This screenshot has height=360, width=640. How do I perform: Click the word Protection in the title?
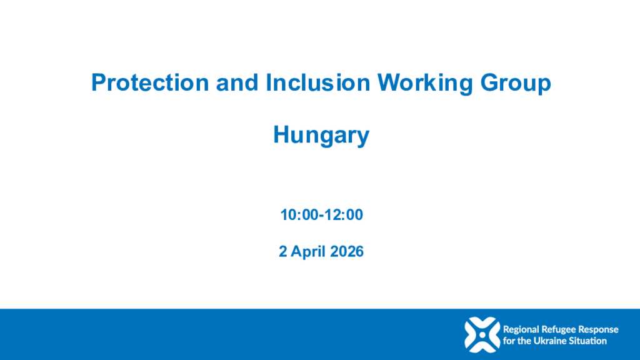[150, 82]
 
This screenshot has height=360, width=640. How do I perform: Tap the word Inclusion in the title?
[317, 82]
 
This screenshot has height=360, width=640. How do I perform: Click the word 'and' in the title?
[237, 82]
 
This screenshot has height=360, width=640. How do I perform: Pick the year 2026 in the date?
[346, 251]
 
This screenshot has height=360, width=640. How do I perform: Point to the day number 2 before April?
[283, 251]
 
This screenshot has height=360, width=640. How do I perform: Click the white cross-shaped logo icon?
[482, 335]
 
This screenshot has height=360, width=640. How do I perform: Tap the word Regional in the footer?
[521, 330]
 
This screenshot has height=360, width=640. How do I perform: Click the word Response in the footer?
[599, 330]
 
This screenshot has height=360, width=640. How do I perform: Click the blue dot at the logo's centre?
[482, 335]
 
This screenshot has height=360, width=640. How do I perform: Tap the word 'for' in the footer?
[509, 341]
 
